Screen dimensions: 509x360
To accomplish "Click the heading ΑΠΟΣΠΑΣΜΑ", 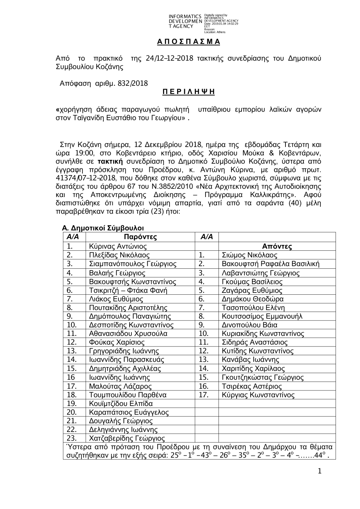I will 188,42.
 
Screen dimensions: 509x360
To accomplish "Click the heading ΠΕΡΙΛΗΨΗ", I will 188,92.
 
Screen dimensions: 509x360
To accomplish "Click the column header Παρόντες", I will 140,237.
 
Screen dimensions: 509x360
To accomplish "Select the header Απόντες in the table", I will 277,246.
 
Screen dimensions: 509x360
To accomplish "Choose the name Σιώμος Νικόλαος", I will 249,255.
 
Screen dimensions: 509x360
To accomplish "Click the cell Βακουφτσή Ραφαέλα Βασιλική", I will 270,264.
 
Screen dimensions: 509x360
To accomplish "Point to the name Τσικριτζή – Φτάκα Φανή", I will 128,290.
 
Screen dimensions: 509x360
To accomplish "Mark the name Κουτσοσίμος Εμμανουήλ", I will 262,316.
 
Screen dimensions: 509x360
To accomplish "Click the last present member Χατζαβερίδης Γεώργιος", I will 127,438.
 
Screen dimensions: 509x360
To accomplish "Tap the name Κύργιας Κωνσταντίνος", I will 258,395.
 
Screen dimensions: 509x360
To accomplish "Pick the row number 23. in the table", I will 72,438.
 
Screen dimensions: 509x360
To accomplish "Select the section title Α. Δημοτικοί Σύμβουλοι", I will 103,228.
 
